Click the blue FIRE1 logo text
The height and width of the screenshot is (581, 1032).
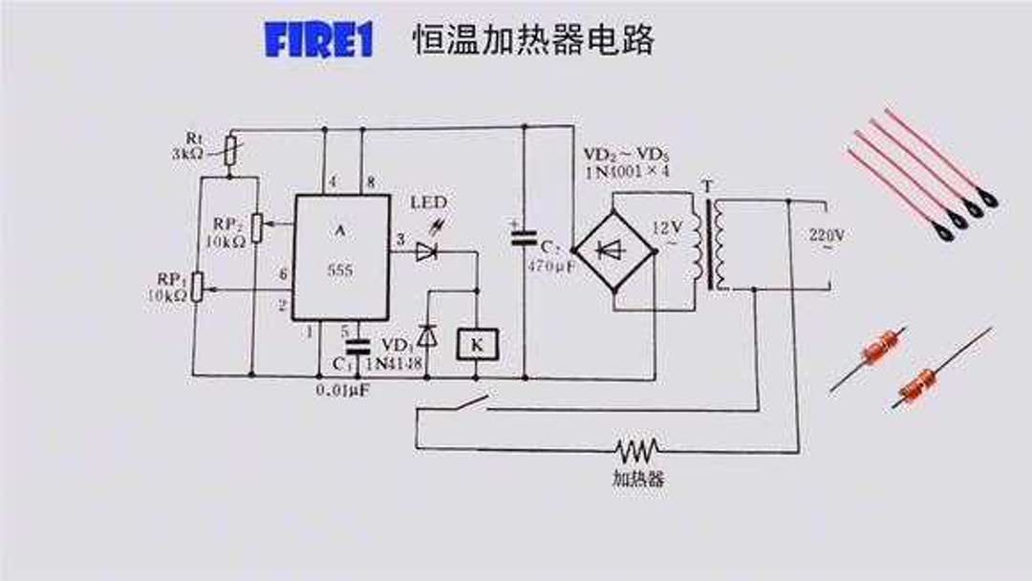pyautogui.click(x=317, y=41)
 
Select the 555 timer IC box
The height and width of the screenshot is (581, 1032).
pyautogui.click(x=341, y=257)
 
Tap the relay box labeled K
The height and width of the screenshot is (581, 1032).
pyautogui.click(x=477, y=343)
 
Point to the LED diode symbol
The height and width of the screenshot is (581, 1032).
pyautogui.click(x=426, y=251)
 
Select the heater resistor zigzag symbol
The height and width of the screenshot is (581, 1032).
pyautogui.click(x=637, y=448)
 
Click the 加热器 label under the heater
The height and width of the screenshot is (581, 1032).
pyautogui.click(x=637, y=478)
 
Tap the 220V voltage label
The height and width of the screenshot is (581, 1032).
pyautogui.click(x=827, y=234)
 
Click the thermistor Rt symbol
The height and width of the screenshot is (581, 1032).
pyautogui.click(x=229, y=149)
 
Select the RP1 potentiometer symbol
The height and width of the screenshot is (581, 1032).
pyautogui.click(x=197, y=287)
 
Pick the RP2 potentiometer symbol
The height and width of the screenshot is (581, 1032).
pyautogui.click(x=255, y=227)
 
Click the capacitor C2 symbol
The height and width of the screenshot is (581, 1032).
pyautogui.click(x=523, y=239)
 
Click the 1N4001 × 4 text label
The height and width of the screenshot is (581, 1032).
pyautogui.click(x=627, y=172)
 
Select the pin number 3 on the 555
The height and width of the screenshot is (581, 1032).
pyautogui.click(x=400, y=239)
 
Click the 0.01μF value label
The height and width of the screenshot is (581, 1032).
pyautogui.click(x=344, y=391)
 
